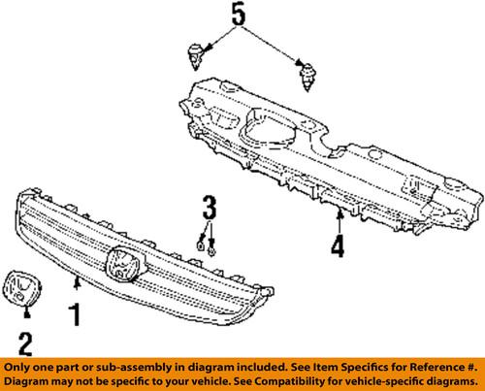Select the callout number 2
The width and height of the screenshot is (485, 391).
pyautogui.click(x=26, y=342)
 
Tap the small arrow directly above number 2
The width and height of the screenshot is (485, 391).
pyautogui.click(x=26, y=312)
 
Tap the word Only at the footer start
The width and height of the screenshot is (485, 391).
pyautogui.click(x=19, y=369)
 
